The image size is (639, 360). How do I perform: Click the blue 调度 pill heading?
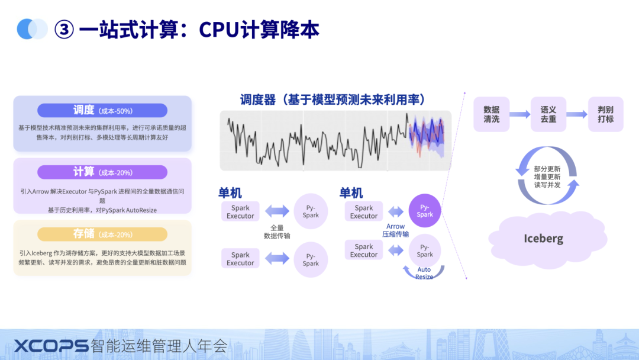[102, 110]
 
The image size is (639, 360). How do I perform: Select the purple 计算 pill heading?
[102, 172]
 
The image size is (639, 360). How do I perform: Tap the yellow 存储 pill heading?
[102, 234]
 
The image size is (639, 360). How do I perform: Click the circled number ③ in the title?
[64, 30]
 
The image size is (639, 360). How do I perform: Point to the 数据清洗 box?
[491, 114]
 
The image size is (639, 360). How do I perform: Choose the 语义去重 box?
[548, 114]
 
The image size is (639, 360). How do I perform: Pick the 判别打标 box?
[605, 114]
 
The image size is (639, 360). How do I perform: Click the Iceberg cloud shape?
[543, 239]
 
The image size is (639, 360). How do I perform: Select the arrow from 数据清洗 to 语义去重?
[519, 114]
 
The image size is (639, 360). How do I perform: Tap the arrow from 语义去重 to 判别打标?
[577, 114]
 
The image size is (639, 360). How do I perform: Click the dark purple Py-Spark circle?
[425, 211]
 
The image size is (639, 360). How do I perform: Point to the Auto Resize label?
[424, 273]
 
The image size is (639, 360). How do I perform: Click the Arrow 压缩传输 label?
[395, 230]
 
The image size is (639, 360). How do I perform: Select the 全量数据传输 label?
[276, 232]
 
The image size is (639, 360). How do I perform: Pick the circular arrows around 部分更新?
[547, 176]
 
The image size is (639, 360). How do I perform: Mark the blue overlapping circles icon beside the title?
[32, 29]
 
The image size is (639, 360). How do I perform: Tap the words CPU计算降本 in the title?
[259, 30]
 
